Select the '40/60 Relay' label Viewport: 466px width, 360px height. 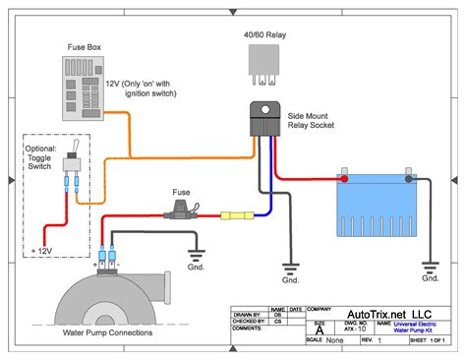(x=265, y=34)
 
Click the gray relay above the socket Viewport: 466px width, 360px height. (x=264, y=65)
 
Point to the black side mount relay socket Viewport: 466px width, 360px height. (x=266, y=119)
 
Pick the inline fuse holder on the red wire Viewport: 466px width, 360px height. (x=183, y=210)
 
